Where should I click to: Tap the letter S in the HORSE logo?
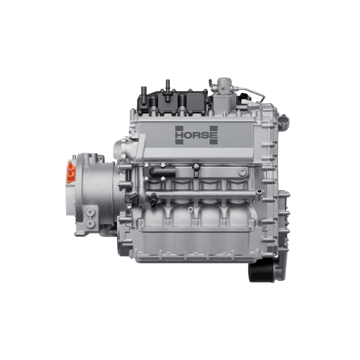(206, 135)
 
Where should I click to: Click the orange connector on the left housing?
(71, 172)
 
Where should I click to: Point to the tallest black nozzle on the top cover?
(167, 91)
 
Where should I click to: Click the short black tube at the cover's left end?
(144, 96)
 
